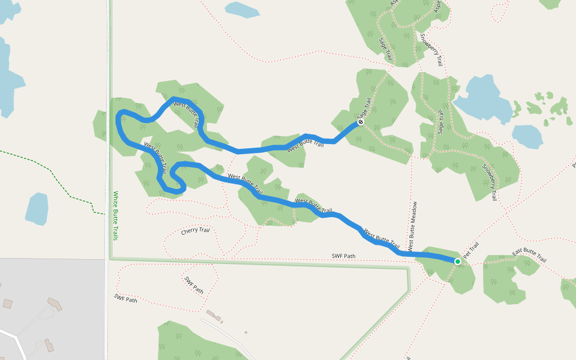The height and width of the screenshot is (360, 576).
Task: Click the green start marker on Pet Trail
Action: click(x=458, y=262)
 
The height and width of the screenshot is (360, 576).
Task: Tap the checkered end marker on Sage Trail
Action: click(x=361, y=122)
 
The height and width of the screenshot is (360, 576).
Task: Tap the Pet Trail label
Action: click(x=472, y=250)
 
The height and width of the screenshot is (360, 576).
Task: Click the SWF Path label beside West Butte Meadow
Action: click(x=343, y=256)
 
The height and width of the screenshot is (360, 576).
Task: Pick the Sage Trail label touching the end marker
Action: click(x=364, y=108)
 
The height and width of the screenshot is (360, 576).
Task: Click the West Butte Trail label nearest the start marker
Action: click(x=382, y=238)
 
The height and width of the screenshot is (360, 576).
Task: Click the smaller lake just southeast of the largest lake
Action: click(x=527, y=136)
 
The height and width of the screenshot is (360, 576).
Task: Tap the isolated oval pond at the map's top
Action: click(x=241, y=9)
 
